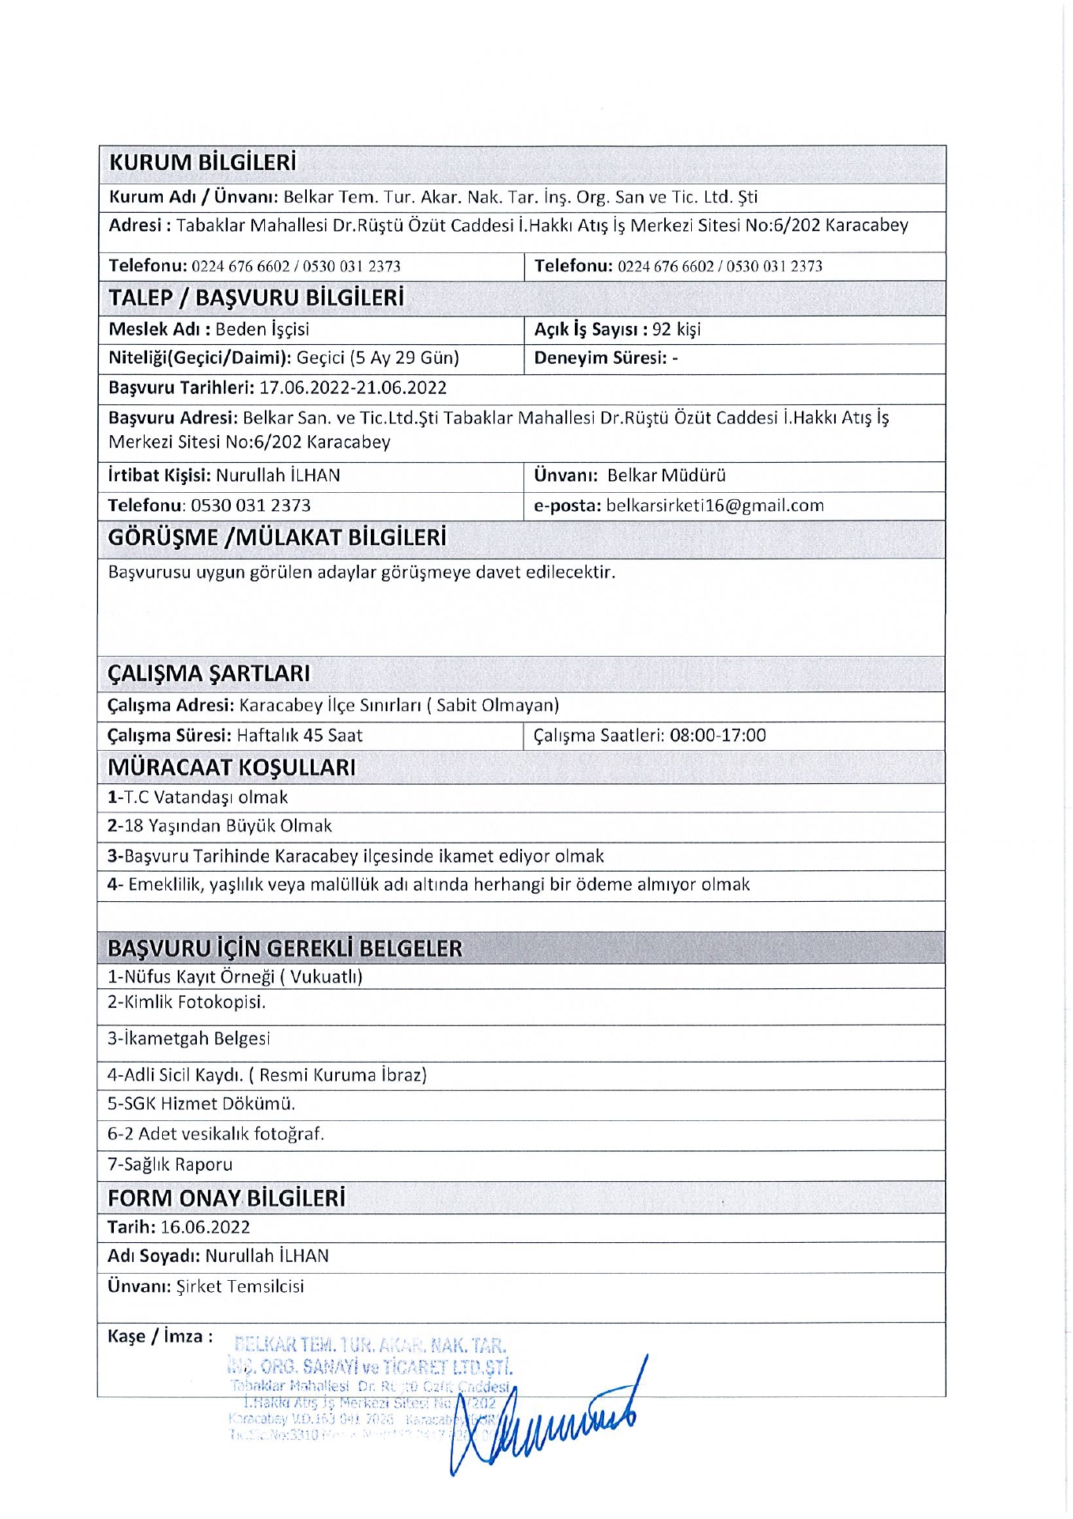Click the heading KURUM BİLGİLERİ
coord(202,162)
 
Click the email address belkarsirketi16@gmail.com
coord(715,506)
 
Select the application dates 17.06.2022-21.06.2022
coord(353,388)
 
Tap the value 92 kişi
coord(676,329)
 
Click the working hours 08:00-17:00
coord(717,735)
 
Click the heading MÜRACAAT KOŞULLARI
coord(232,767)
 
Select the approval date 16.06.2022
coord(205,1227)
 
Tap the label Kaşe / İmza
coord(160,1336)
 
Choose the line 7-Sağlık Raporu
coord(170,1165)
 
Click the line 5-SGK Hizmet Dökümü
coord(201,1104)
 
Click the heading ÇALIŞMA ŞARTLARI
coord(209,673)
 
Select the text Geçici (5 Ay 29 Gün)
coord(378,358)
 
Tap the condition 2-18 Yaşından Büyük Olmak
coord(219,826)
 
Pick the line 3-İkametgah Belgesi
coord(188,1038)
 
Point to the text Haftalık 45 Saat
coord(300,735)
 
